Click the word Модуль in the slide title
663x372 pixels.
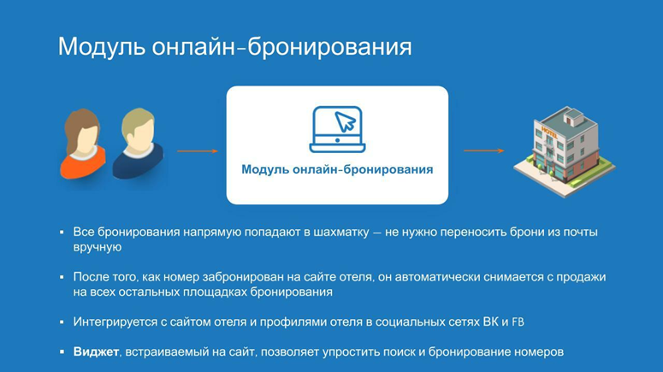[102, 47]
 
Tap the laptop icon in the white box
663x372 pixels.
[337, 129]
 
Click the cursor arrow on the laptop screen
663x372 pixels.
[346, 121]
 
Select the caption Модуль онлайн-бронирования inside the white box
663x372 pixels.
[337, 169]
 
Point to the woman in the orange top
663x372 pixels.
[82, 144]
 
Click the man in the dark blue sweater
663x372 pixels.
[138, 144]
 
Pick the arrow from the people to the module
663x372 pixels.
[198, 151]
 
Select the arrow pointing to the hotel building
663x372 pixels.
[484, 151]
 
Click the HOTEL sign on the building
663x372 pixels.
[549, 132]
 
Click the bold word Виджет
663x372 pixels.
[96, 351]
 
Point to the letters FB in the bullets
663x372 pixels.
[518, 322]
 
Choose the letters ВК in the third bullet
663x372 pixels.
[490, 322]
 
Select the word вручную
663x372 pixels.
[98, 247]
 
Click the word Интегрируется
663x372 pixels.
[115, 322]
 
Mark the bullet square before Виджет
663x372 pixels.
[62, 351]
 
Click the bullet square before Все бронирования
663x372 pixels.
[62, 232]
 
